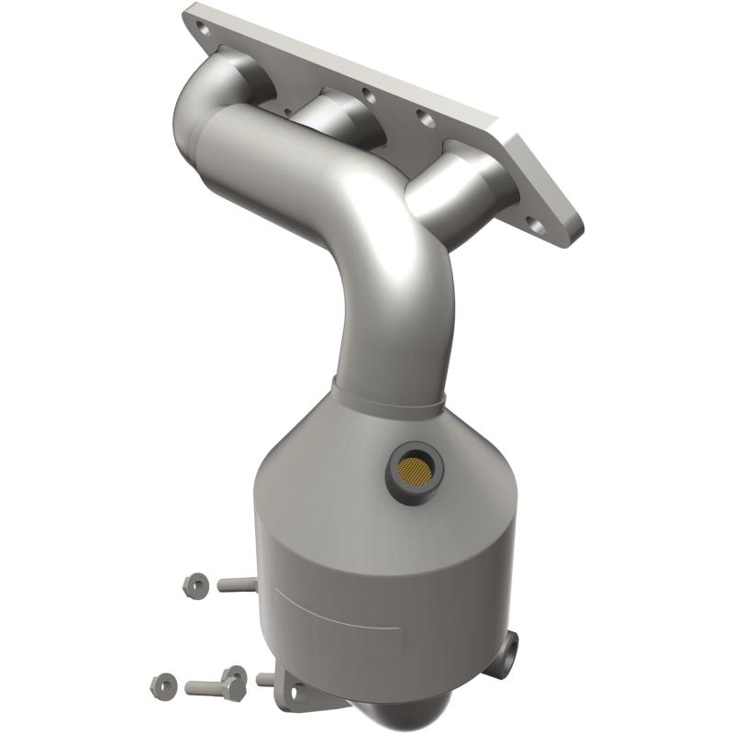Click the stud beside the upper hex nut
pos(235,583)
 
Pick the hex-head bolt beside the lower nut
pos(215,684)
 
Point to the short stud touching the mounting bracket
pos(265,680)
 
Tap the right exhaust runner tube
pos(450,193)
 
